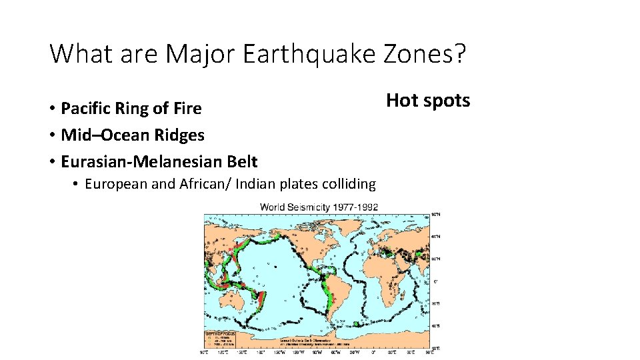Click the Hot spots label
point(428,101)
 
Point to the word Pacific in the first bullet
point(84,108)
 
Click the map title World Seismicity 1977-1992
point(319,207)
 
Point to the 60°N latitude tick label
point(436,236)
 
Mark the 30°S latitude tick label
point(436,304)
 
